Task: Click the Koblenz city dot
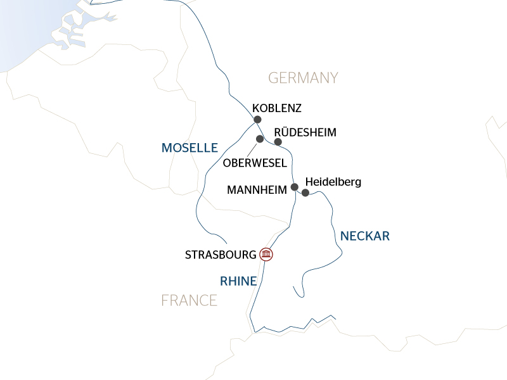257,119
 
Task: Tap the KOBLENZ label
276,108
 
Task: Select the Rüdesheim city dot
278,142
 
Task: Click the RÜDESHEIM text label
305,132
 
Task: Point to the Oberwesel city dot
259,139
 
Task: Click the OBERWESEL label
255,163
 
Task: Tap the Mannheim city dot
294,187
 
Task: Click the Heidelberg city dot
305,193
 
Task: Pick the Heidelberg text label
333,182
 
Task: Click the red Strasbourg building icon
267,255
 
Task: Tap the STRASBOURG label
221,255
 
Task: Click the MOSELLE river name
189,148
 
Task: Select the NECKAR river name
364,236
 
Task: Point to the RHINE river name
238,281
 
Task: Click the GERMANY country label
303,78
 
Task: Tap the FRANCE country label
189,300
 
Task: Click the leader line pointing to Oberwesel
253,149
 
